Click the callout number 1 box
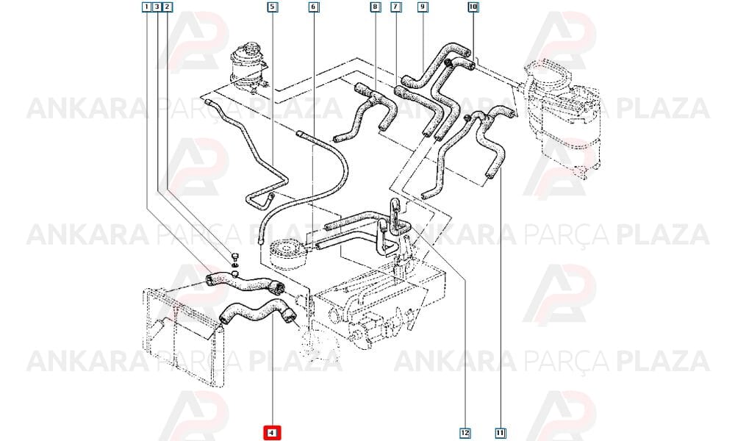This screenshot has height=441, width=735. point(147,7)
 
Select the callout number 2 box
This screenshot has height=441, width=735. point(168,7)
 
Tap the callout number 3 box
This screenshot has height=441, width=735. point(157,7)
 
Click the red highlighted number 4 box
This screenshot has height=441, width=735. point(273,433)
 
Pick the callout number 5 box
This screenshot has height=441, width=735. point(273,7)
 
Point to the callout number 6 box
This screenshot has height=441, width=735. point(314,7)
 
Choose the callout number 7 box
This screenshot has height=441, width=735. point(396,7)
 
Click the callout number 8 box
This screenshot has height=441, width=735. point(375,7)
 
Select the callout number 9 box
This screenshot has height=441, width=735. point(423,7)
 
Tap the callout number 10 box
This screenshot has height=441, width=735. point(473,7)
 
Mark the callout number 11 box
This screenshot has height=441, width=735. point(500,433)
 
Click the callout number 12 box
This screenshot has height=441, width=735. point(465,433)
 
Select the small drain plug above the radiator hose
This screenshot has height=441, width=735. point(235,257)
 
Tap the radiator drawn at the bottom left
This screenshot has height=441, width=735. point(183,335)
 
